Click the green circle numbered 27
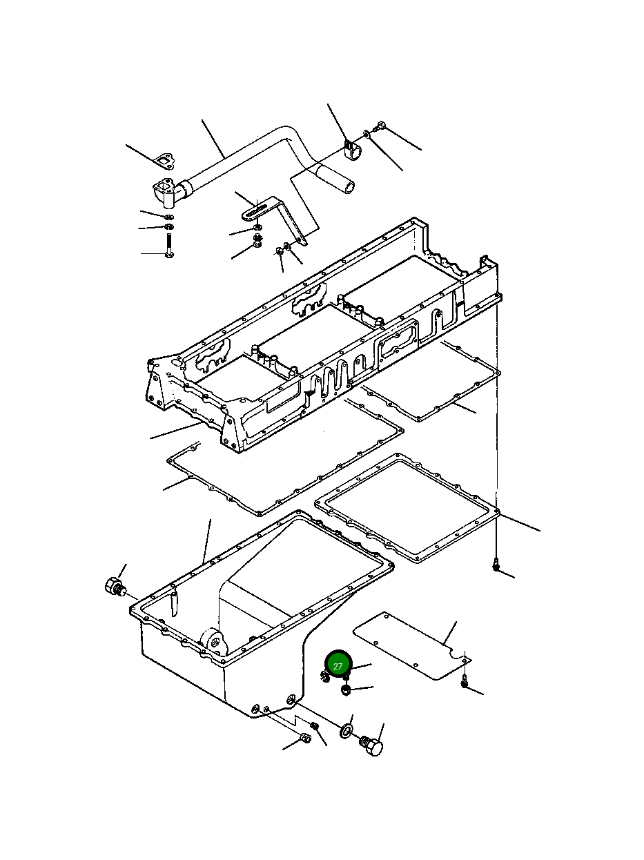(x=338, y=666)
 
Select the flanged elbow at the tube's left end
(x=166, y=192)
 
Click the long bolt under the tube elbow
(x=168, y=246)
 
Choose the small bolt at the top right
(x=380, y=126)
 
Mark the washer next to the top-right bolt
(x=367, y=134)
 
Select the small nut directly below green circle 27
(x=347, y=690)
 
